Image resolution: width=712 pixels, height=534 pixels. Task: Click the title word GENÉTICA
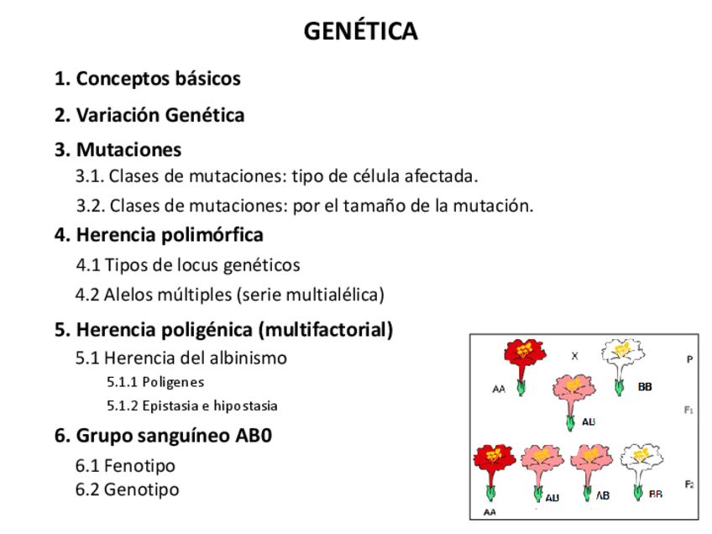(x=360, y=31)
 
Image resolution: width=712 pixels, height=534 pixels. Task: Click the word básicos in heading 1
(x=208, y=79)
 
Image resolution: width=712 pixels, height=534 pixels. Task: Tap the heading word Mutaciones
(x=128, y=150)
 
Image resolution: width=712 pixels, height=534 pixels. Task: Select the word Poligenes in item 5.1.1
(x=173, y=382)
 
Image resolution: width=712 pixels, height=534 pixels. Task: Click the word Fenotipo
(x=139, y=466)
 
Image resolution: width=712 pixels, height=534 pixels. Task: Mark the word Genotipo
(x=141, y=489)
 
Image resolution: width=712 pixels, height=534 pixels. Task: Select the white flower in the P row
(x=621, y=358)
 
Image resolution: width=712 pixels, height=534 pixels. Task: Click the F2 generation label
(x=688, y=484)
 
